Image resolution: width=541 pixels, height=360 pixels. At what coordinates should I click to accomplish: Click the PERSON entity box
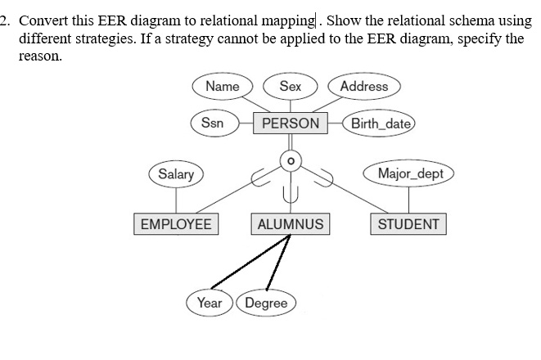coord(291,124)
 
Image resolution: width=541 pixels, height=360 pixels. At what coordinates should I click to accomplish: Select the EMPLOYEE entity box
coord(175,224)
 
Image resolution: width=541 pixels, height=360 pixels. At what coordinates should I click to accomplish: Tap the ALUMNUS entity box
coord(290,224)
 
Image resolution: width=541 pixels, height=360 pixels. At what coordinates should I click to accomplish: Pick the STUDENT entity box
coord(408,224)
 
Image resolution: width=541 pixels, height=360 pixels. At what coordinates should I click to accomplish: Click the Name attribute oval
coord(222,87)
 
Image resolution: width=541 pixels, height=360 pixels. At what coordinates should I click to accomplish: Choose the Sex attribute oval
coord(290,87)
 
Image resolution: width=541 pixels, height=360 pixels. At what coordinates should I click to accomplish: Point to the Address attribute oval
coord(363,87)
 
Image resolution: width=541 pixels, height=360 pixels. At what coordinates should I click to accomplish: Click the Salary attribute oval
coord(176,174)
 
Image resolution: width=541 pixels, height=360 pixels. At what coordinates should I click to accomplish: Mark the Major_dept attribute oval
coord(410,174)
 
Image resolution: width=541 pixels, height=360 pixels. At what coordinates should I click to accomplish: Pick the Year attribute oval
coord(209,303)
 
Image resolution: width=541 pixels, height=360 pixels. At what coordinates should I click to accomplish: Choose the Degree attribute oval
coord(266,303)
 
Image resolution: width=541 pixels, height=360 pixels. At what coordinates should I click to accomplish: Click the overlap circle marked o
coord(288,160)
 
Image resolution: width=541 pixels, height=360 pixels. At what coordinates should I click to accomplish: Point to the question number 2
coord(4,19)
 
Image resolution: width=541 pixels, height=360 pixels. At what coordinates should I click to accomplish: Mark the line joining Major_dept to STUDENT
coord(409,199)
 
